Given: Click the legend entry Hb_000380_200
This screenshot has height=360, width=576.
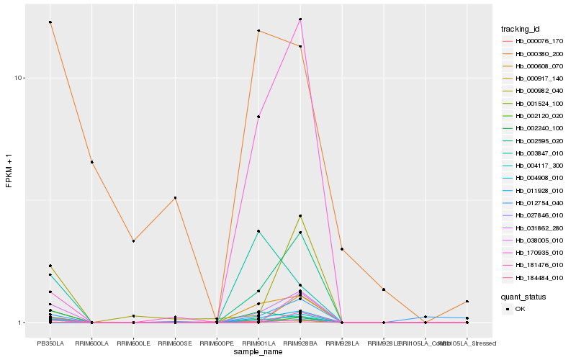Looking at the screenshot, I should pos(534,53).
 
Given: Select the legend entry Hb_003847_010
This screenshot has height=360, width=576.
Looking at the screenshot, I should pos(534,153).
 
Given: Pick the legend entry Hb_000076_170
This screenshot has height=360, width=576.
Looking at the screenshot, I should pos(534,41).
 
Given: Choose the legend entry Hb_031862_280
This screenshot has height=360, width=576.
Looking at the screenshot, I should pos(534,228).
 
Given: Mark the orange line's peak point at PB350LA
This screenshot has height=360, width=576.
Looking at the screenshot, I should pos(50,22).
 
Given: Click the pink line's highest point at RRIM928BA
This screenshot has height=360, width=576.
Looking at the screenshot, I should pos(300,19).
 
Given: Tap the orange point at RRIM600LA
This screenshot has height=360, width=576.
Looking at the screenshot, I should pos(92,162).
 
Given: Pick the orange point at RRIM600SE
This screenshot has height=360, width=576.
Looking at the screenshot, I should pos(175,198).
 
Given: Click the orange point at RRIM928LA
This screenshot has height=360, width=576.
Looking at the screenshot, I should pos(342,249).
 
